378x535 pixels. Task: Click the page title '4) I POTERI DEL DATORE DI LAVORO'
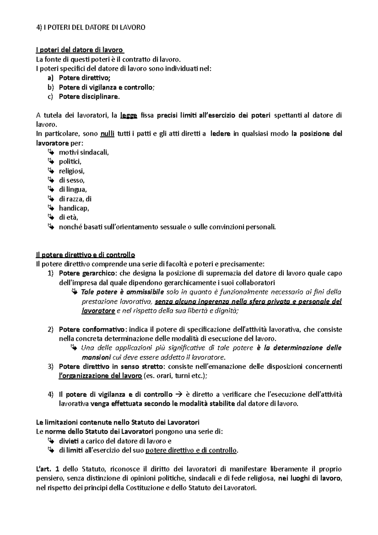[91, 27]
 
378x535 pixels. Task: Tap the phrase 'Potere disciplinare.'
[89, 96]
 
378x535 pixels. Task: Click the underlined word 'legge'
[129, 115]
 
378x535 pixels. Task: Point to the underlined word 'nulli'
[107, 134]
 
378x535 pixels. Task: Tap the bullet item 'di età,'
[68, 217]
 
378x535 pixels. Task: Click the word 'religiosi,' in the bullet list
[72, 171]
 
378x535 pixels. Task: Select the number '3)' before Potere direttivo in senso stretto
[51, 366]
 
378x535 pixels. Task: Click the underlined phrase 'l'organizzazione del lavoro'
[100, 376]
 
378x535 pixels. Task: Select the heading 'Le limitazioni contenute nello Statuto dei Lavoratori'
[118, 422]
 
